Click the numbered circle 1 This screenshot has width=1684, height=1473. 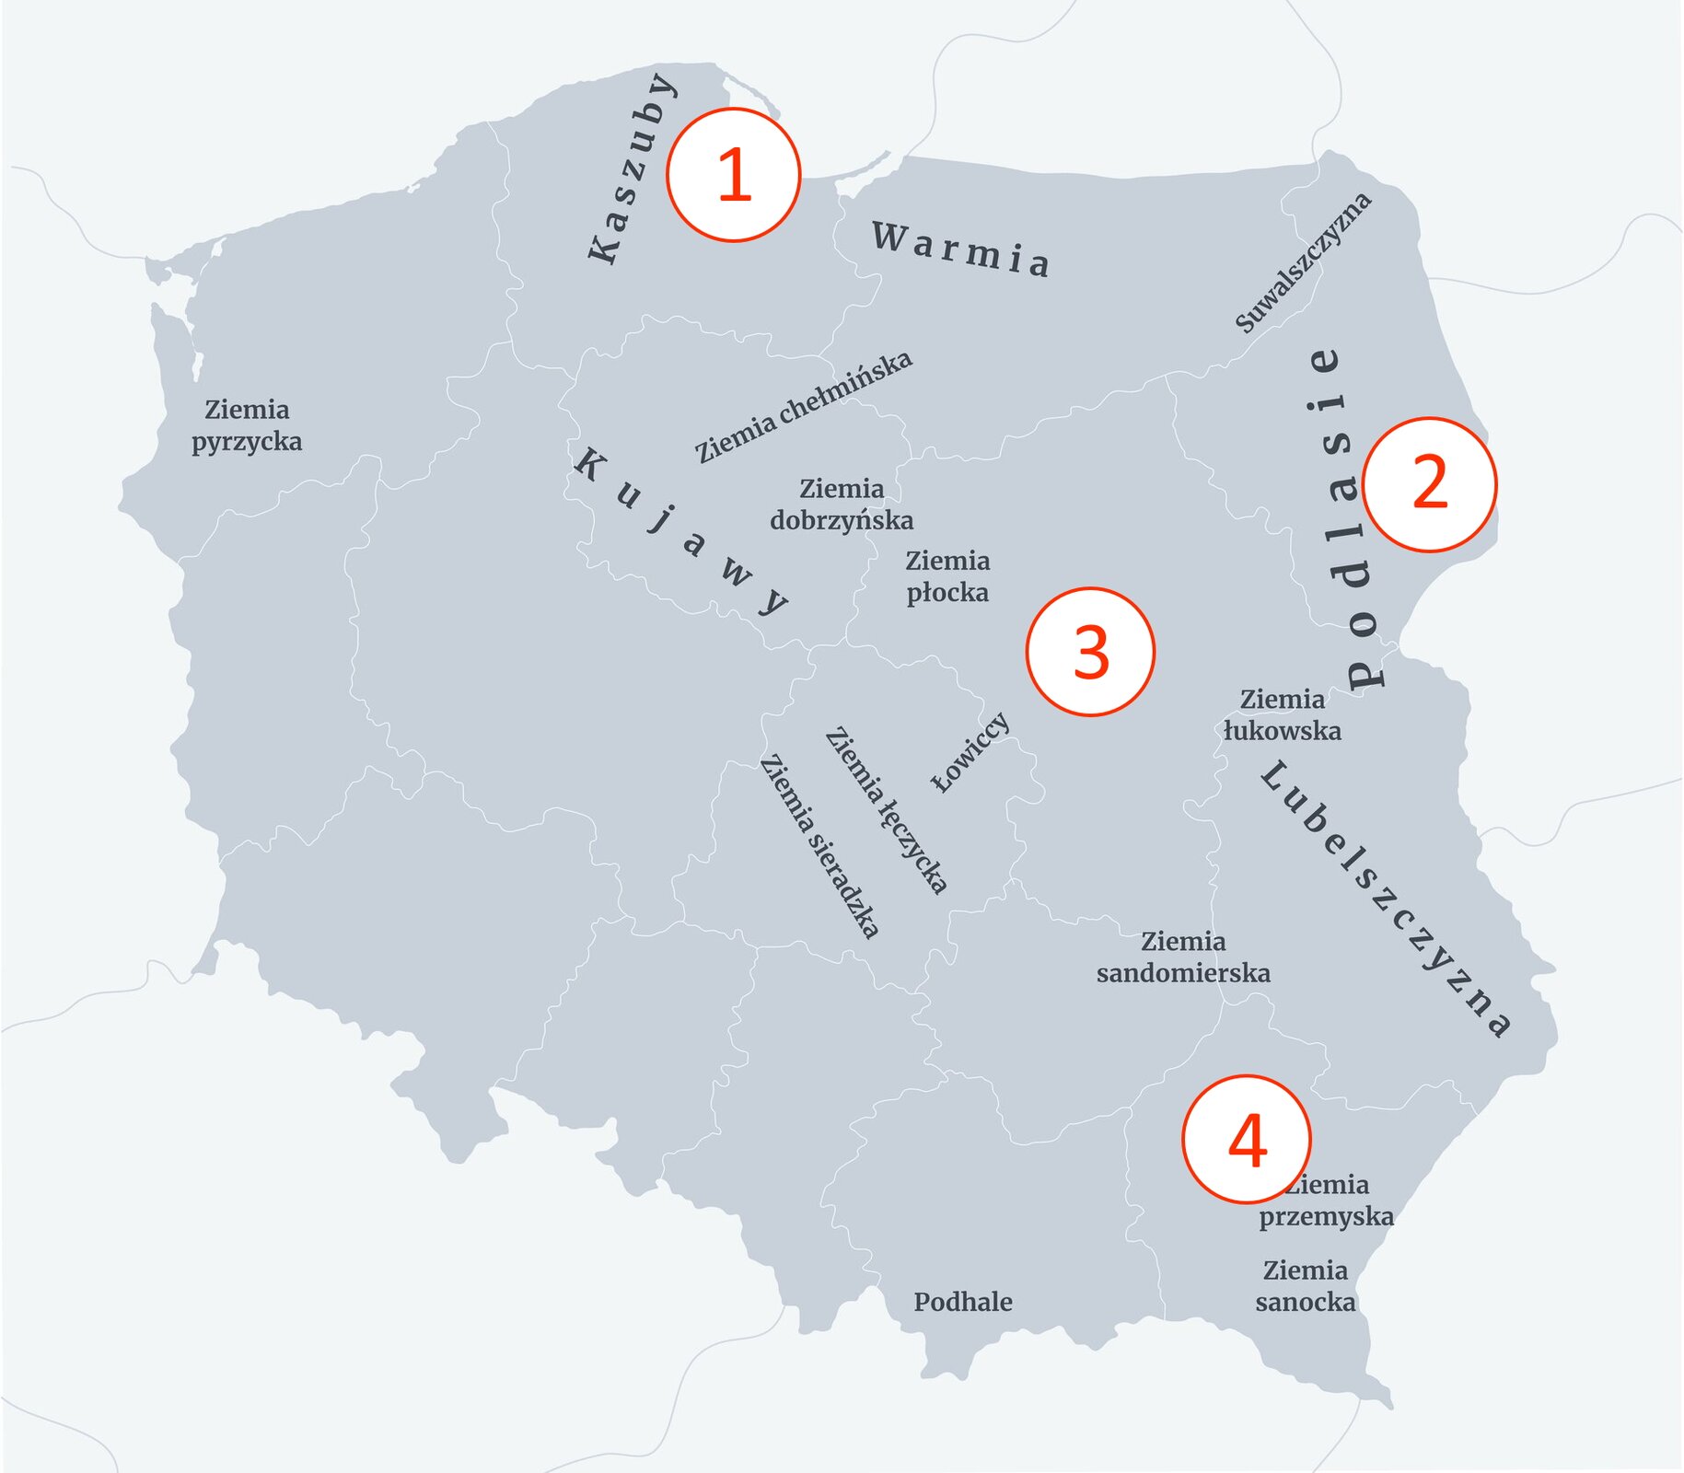pos(734,175)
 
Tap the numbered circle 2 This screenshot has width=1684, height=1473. pos(1429,484)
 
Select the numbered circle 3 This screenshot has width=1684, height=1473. pos(1090,652)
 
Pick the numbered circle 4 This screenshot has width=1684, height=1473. pos(1247,1140)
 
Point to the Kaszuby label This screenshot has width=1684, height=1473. pos(633,169)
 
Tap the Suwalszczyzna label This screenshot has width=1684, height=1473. pos(1303,263)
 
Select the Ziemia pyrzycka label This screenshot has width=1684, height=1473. pos(247,425)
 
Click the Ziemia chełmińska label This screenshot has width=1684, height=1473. pos(804,407)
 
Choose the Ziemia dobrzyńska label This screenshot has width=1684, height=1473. pos(842,505)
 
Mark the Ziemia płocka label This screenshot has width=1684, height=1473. pos(947,576)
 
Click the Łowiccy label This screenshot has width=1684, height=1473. pos(970,752)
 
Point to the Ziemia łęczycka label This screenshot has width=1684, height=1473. pos(886,811)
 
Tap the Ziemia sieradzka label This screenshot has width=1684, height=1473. pos(819,846)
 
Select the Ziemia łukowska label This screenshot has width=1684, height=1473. pos(1282,715)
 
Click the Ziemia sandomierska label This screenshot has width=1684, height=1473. pos(1183,957)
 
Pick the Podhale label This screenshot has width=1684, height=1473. pos(963,1302)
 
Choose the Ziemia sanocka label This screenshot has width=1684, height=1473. pos(1306,1286)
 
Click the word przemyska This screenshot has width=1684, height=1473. pos(1326,1217)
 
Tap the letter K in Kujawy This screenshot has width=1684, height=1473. pos(587,463)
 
